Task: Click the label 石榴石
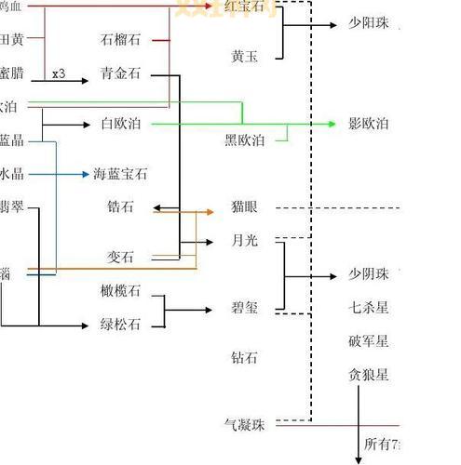(x=120, y=40)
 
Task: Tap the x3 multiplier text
(x=59, y=73)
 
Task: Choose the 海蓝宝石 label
(x=120, y=174)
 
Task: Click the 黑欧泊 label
(x=244, y=140)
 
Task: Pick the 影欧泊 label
(x=369, y=124)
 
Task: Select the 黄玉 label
(x=244, y=57)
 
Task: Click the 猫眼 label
(x=244, y=207)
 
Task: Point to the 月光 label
(x=244, y=241)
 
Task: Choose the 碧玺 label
(x=244, y=308)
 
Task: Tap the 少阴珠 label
(x=369, y=274)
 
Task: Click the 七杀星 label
(x=369, y=308)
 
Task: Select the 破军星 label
(x=369, y=341)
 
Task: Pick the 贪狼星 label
(x=369, y=375)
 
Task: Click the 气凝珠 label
(x=245, y=425)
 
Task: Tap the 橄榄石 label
(x=120, y=291)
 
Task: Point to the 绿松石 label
(x=120, y=325)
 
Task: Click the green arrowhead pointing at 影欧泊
(x=332, y=124)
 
